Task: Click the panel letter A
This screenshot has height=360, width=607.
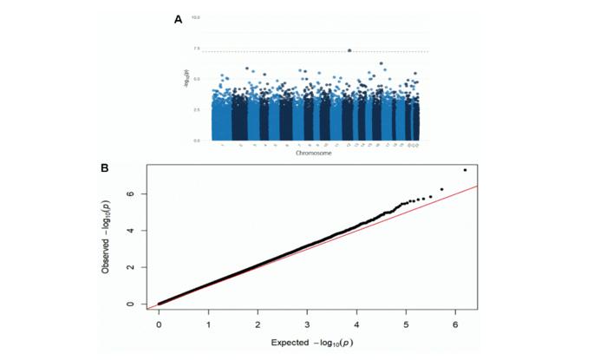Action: click(x=178, y=18)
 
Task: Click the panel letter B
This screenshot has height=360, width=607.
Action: click(x=105, y=167)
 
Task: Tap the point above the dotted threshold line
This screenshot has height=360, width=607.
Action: click(x=349, y=50)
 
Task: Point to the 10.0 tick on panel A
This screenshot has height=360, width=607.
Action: click(x=197, y=17)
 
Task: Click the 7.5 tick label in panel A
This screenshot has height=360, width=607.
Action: click(x=197, y=49)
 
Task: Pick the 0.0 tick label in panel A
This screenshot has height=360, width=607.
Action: click(x=197, y=140)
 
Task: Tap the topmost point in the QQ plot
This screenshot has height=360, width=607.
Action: click(x=465, y=170)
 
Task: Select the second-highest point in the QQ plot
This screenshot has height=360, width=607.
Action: click(x=441, y=189)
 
